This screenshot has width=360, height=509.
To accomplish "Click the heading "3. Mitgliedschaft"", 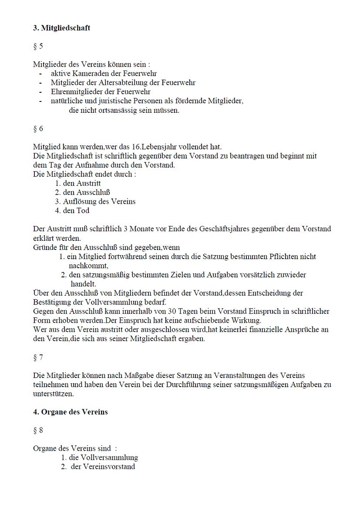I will (x=61, y=28).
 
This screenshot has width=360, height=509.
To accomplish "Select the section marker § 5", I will (x=38, y=46).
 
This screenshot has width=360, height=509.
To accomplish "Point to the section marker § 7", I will (x=38, y=357).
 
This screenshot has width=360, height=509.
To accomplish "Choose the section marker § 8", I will (x=38, y=430).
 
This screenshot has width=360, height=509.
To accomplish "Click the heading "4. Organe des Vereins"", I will (x=70, y=412).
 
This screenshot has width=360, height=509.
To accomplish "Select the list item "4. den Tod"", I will (x=72, y=211).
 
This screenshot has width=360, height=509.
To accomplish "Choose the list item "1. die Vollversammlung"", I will (x=99, y=458).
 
